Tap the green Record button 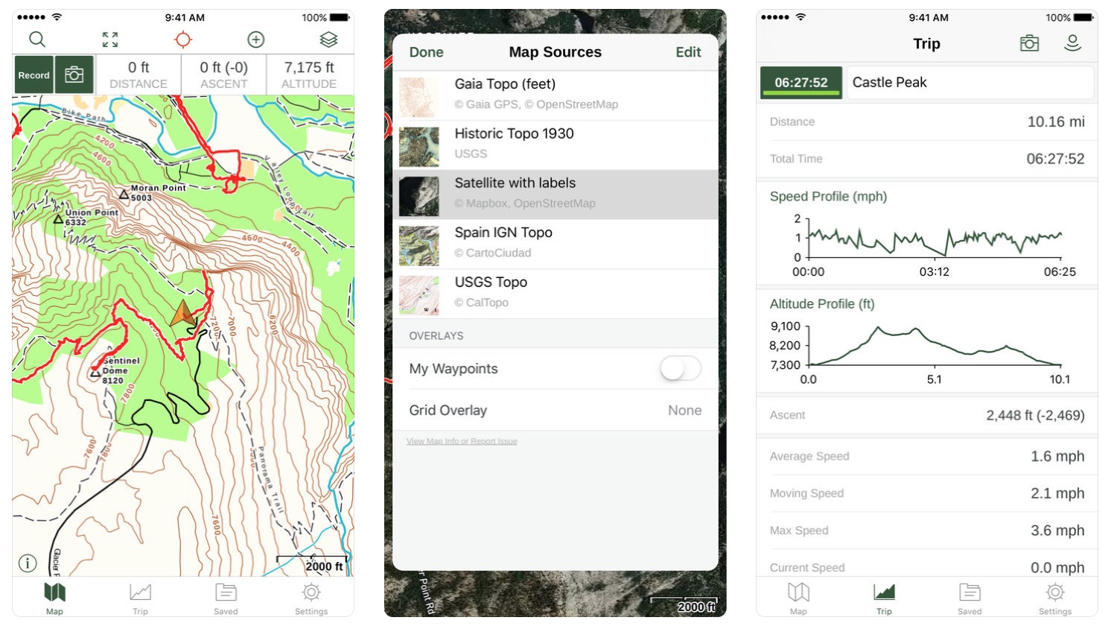coord(34,75)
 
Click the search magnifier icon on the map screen coord(37,40)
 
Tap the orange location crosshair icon coord(183,40)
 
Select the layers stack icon coord(328,40)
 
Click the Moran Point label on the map coord(158,188)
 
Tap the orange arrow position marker coord(182,314)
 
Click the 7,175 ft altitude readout coord(309,68)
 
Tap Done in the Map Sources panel coord(426,52)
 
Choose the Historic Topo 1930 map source coord(514,134)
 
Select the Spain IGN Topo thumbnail coord(419,246)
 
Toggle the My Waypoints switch coord(680,368)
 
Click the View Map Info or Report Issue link coord(462,441)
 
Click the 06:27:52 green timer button coord(801,83)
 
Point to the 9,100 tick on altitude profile coord(786,326)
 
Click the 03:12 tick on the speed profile coord(934,272)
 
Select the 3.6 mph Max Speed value coord(1057,531)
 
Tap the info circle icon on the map coord(28,563)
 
